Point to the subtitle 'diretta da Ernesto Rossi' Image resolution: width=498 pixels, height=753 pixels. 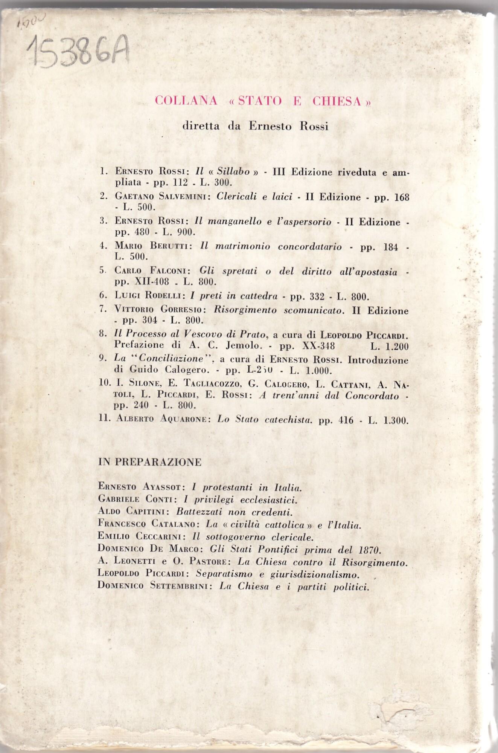[x=255, y=126]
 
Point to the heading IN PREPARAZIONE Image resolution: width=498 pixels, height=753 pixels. [x=150, y=462]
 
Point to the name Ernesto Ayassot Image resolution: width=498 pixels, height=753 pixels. [x=141, y=487]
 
